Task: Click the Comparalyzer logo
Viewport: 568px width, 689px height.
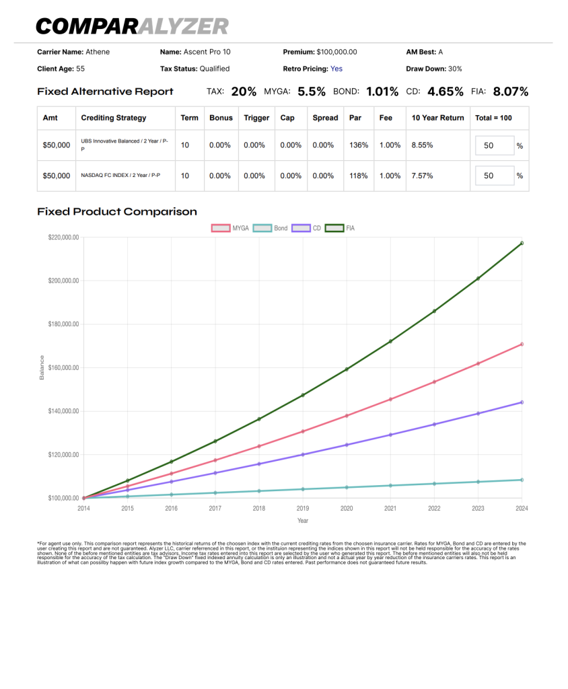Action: pos(133,26)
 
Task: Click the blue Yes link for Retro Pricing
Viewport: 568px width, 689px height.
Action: pos(336,69)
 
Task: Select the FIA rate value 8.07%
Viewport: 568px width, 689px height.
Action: pos(510,92)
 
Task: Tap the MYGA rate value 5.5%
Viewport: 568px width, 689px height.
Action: pos(312,92)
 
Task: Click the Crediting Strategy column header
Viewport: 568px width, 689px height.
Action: pos(114,118)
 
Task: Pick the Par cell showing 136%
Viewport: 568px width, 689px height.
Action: pos(359,145)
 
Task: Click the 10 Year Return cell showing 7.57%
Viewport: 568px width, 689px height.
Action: pos(422,176)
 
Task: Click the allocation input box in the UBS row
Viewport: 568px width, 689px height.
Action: pos(495,145)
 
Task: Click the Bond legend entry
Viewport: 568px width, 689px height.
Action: pos(271,228)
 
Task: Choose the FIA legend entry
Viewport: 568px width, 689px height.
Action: pos(340,228)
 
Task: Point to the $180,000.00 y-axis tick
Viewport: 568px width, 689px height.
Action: pos(64,324)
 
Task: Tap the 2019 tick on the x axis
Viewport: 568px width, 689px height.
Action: pos(302,509)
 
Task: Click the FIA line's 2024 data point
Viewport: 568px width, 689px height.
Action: pos(522,243)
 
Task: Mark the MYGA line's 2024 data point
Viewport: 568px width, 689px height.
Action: pos(522,344)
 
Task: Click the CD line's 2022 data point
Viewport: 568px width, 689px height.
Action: pos(434,425)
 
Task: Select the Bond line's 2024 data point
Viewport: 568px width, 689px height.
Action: pos(522,480)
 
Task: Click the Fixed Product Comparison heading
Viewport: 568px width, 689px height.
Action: pos(117,212)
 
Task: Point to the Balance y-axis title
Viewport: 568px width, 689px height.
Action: pos(42,367)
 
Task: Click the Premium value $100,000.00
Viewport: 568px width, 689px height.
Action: pos(336,52)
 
